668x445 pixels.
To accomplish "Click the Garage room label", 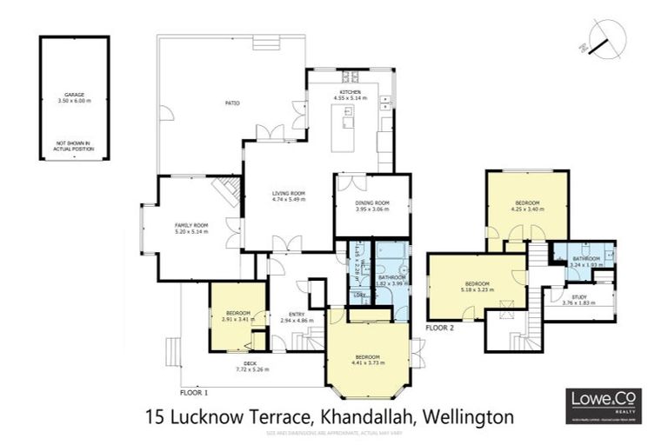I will click(x=74, y=95).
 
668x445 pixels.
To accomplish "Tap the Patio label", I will click(x=232, y=103).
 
